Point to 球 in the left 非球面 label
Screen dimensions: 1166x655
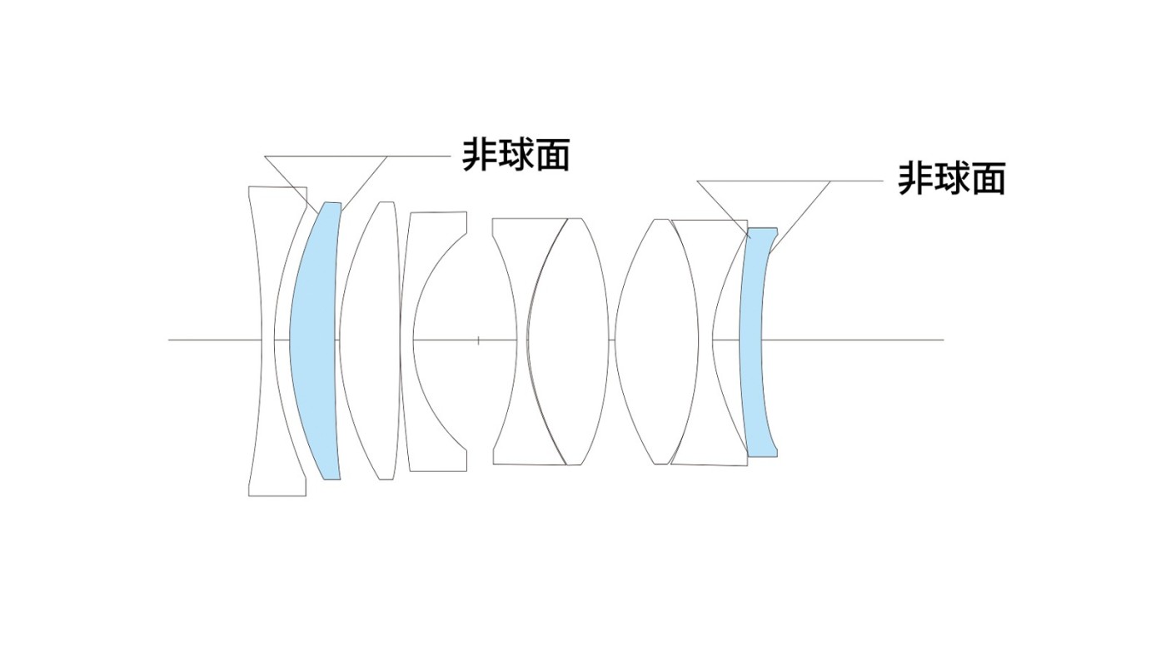pyautogui.click(x=515, y=155)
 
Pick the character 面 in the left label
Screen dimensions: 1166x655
pyautogui.click(x=551, y=155)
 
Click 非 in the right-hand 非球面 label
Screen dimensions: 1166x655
pyautogui.click(x=914, y=178)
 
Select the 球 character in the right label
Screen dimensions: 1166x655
pyautogui.click(x=950, y=178)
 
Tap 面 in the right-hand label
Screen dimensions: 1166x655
pyautogui.click(x=988, y=178)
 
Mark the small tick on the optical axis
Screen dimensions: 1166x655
pyautogui.click(x=478, y=340)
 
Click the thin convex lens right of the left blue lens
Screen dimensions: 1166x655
pyautogui.click(x=370, y=340)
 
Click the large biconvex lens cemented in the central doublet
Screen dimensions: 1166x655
pyautogui.click(x=567, y=340)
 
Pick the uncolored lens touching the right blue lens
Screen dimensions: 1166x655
pyautogui.click(x=725, y=340)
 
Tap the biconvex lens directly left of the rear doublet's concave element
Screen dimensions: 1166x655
pyautogui.click(x=657, y=340)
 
